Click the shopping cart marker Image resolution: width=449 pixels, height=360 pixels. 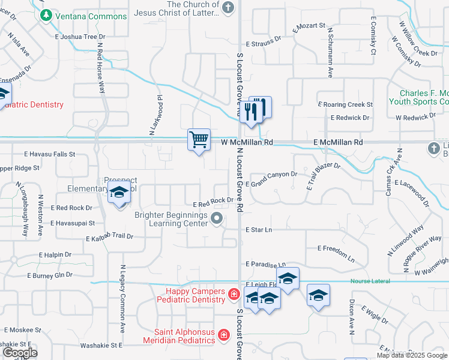(199, 140)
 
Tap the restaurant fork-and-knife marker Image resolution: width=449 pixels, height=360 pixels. (256, 109)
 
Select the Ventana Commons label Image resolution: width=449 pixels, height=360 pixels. (90, 16)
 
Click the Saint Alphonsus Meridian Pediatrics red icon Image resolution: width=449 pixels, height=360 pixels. (223, 334)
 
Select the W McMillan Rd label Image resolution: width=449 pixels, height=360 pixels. (247, 143)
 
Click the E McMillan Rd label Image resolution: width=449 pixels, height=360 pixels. (339, 143)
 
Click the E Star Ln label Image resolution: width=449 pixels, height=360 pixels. (258, 230)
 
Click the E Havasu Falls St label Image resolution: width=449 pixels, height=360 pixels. (49, 154)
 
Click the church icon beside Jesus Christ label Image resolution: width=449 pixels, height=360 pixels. (228, 8)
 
